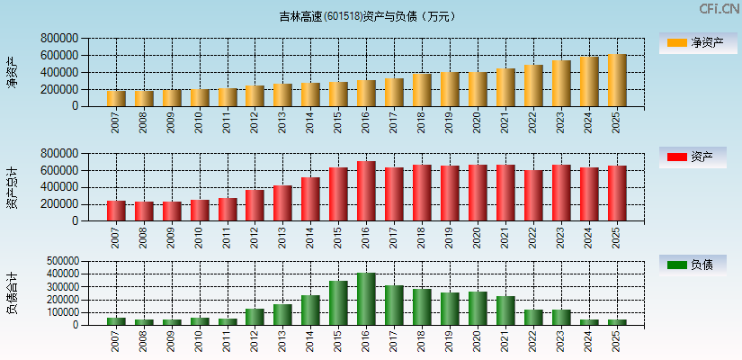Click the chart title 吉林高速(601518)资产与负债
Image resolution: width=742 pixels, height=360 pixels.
367,16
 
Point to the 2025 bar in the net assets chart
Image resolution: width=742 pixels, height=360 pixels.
616,80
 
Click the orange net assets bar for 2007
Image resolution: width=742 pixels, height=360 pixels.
116,98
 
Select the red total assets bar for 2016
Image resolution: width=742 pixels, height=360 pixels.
366,191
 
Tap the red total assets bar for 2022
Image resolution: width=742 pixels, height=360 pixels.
533,195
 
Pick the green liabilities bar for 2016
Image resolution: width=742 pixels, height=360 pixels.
366,299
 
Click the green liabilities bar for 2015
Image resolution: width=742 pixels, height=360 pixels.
338,302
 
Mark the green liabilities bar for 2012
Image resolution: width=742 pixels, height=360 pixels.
255,317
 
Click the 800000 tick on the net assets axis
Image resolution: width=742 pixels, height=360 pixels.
58,39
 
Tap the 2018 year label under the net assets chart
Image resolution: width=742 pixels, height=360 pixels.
422,122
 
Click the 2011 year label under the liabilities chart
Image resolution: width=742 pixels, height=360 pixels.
227,340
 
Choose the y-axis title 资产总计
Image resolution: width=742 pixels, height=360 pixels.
13,187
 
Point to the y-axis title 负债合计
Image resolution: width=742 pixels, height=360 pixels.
13,293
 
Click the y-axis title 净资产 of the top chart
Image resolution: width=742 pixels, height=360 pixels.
13,73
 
